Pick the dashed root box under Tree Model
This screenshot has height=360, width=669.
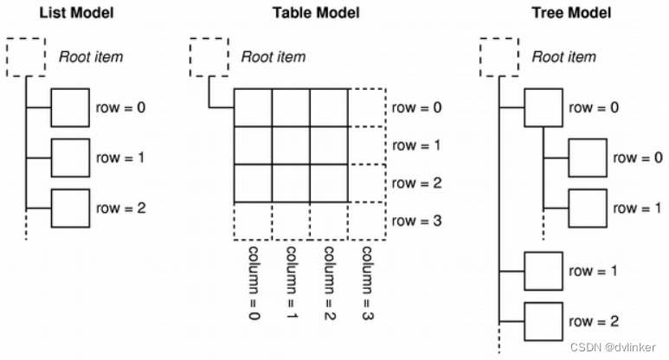[x=499, y=56]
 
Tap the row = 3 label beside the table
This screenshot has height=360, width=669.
[x=416, y=221]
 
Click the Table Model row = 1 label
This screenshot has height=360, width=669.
[x=416, y=145]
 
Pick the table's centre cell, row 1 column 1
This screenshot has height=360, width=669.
[x=292, y=145]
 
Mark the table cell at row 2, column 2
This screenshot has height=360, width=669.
[x=330, y=183]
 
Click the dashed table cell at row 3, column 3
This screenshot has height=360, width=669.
[x=367, y=221]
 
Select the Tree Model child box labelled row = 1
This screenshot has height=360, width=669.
[x=586, y=208]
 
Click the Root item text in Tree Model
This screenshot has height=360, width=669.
[x=563, y=57]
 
